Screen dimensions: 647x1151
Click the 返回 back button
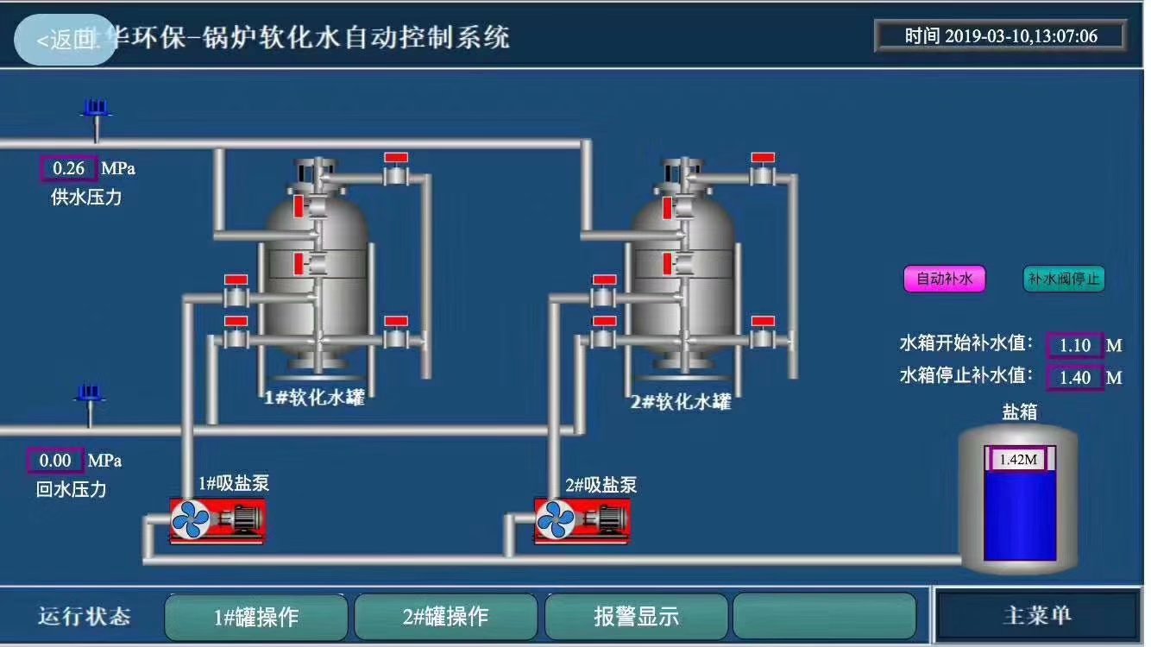66,40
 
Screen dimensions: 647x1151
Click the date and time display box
1000,36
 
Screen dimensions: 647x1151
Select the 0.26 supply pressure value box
69,168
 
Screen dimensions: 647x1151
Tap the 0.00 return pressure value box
55,461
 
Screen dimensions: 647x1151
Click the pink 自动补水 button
944,279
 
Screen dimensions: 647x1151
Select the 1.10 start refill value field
1075,345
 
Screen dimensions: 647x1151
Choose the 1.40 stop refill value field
1075,377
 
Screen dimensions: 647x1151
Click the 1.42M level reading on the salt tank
1017,459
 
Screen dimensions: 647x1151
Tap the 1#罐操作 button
256,617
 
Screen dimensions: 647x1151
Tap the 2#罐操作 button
445,617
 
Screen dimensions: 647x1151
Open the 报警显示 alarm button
636,617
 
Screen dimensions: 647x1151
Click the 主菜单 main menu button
1037,615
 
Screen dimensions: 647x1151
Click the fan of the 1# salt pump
191,520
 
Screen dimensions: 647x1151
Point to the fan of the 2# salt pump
556,520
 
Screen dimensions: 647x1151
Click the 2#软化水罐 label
681,402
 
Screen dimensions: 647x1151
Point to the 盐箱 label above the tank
1019,412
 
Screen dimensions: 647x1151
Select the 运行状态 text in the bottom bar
84,616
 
